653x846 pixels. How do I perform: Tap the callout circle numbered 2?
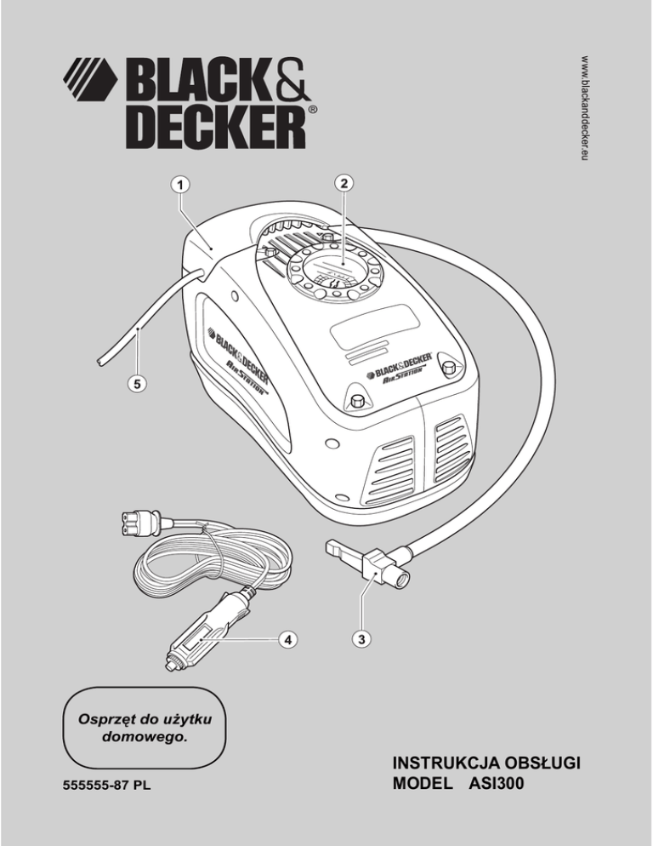[343, 183]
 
